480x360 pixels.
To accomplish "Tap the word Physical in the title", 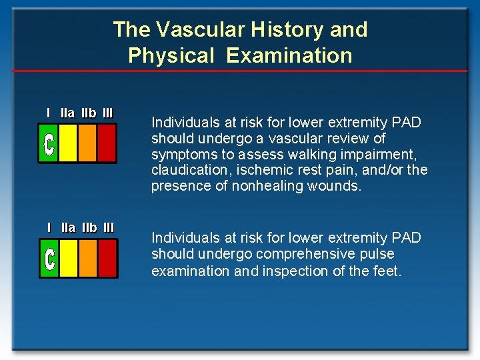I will point(171,55).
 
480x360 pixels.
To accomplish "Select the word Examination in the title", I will point(289,55).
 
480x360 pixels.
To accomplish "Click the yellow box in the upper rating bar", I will point(68,143).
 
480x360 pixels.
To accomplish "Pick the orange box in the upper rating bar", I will point(87,143).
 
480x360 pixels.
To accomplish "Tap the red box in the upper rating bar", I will point(107,143).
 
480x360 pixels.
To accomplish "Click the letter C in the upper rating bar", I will point(49,144).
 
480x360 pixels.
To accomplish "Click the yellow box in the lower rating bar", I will point(68,258).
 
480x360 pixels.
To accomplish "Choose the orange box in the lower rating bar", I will point(87,258).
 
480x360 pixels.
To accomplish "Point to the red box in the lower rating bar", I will point(107,258).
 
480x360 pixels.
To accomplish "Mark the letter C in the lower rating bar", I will point(49,259).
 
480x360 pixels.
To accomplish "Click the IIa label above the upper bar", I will point(67,113).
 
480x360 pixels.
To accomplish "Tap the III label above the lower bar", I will point(108,228).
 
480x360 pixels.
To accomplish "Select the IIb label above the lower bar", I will point(89,228).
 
